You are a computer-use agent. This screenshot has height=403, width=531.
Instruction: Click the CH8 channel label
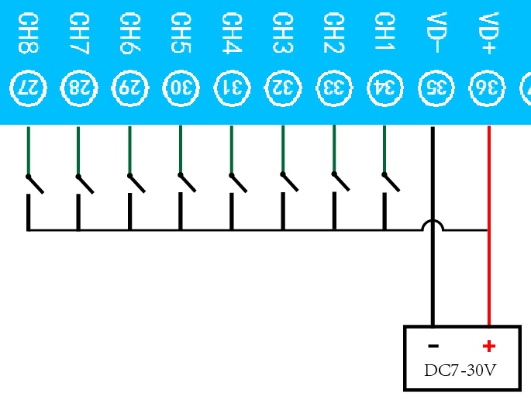28,33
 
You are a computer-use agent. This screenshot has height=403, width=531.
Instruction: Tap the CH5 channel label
180,33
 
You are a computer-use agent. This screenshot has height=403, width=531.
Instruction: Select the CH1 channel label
384,33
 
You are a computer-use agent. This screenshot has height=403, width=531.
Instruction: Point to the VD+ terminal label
488,33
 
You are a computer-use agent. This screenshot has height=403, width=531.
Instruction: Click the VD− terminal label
435,33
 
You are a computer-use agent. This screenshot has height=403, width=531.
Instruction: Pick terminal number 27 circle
28,87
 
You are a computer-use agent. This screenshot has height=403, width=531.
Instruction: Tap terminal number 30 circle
180,87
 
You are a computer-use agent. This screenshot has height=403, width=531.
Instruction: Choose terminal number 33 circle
333,87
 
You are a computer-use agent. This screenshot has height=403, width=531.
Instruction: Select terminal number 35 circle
435,87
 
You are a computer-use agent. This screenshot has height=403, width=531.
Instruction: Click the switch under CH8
35,184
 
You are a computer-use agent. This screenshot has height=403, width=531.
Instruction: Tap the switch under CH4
238,184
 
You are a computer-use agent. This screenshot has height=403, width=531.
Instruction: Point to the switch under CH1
391,184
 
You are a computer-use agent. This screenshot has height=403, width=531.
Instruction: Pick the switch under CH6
136,184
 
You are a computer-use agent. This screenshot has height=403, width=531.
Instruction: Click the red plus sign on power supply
488,346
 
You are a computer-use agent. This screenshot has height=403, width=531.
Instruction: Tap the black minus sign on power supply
434,346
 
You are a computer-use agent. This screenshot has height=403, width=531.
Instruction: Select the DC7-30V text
460,370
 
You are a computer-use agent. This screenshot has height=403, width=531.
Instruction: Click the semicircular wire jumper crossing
433,226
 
